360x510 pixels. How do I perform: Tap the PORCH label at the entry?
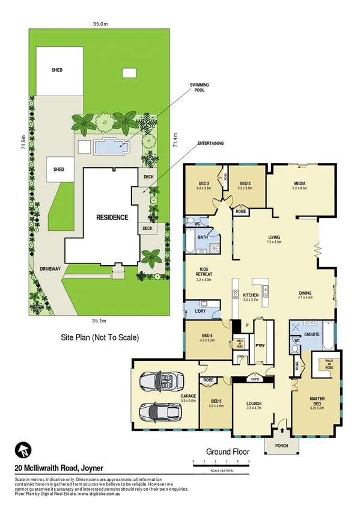point(281,446)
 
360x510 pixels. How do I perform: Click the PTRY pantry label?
point(260,346)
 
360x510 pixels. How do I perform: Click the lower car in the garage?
point(159,413)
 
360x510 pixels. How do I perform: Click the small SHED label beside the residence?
point(59,169)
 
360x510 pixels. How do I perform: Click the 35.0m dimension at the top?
point(100,24)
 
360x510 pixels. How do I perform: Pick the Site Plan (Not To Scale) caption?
point(100,337)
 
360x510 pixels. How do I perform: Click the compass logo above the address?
point(24,450)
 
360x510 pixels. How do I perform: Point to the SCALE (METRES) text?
point(221,470)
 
